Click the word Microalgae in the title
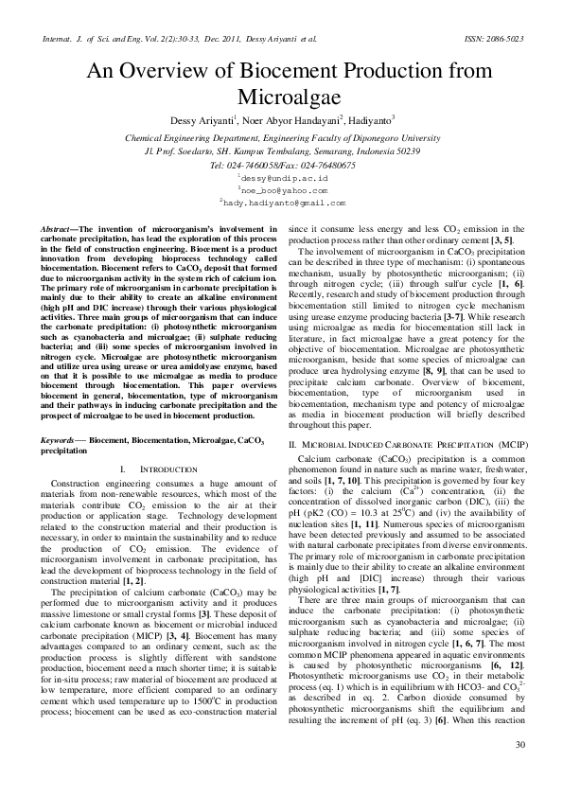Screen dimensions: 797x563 click(282, 97)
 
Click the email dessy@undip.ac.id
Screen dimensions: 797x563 click(283, 177)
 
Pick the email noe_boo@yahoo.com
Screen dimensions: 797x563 click(282, 189)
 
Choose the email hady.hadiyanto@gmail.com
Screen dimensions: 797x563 click(282, 203)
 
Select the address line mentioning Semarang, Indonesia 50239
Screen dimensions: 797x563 click(282, 151)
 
